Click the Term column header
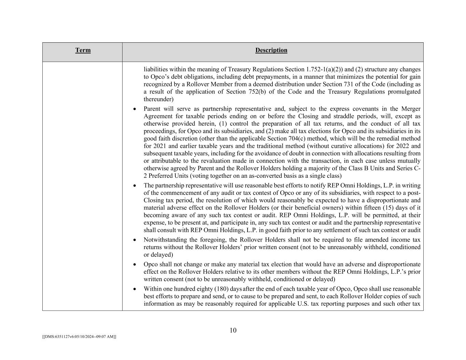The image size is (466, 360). [83, 51]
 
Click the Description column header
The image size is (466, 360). [271, 51]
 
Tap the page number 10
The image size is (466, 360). [233, 330]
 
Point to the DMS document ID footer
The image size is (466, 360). [79, 336]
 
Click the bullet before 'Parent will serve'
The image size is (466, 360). [135, 109]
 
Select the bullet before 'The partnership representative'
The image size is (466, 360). [135, 186]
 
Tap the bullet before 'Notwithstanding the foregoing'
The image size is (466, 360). [135, 240]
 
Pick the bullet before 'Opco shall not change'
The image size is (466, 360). [135, 264]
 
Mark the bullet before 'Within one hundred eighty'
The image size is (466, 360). [135, 289]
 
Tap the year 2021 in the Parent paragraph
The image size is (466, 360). [160, 146]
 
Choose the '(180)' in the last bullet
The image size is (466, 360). [221, 289]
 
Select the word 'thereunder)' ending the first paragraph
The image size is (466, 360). [158, 99]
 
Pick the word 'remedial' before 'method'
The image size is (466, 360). [387, 139]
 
